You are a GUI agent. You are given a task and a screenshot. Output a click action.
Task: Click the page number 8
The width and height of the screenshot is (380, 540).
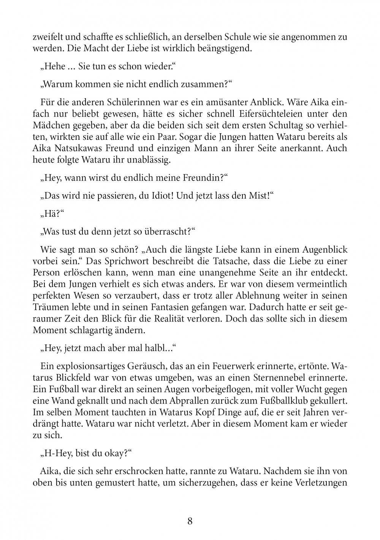[190, 521]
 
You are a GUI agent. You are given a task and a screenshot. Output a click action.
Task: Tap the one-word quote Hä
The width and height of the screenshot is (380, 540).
[51, 214]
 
